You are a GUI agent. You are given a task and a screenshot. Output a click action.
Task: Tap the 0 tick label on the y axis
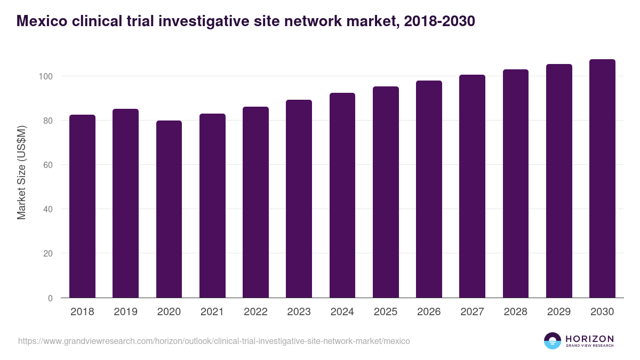(x=50, y=298)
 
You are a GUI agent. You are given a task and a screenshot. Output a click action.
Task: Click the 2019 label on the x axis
(x=125, y=312)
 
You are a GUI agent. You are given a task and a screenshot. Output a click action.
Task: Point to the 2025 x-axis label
(x=386, y=312)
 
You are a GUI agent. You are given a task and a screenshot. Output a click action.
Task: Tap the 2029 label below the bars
(x=559, y=312)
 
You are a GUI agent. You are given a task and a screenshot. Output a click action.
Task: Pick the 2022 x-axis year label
(x=255, y=312)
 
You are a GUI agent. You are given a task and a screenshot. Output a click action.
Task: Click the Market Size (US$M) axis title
(x=21, y=172)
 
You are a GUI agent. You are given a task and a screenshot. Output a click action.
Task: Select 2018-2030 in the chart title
(x=439, y=21)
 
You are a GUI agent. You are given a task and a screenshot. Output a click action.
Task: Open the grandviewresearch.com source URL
(x=214, y=341)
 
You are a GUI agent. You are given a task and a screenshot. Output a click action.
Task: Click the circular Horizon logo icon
(x=553, y=341)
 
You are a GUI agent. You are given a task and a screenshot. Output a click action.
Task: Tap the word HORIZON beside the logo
(x=589, y=339)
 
